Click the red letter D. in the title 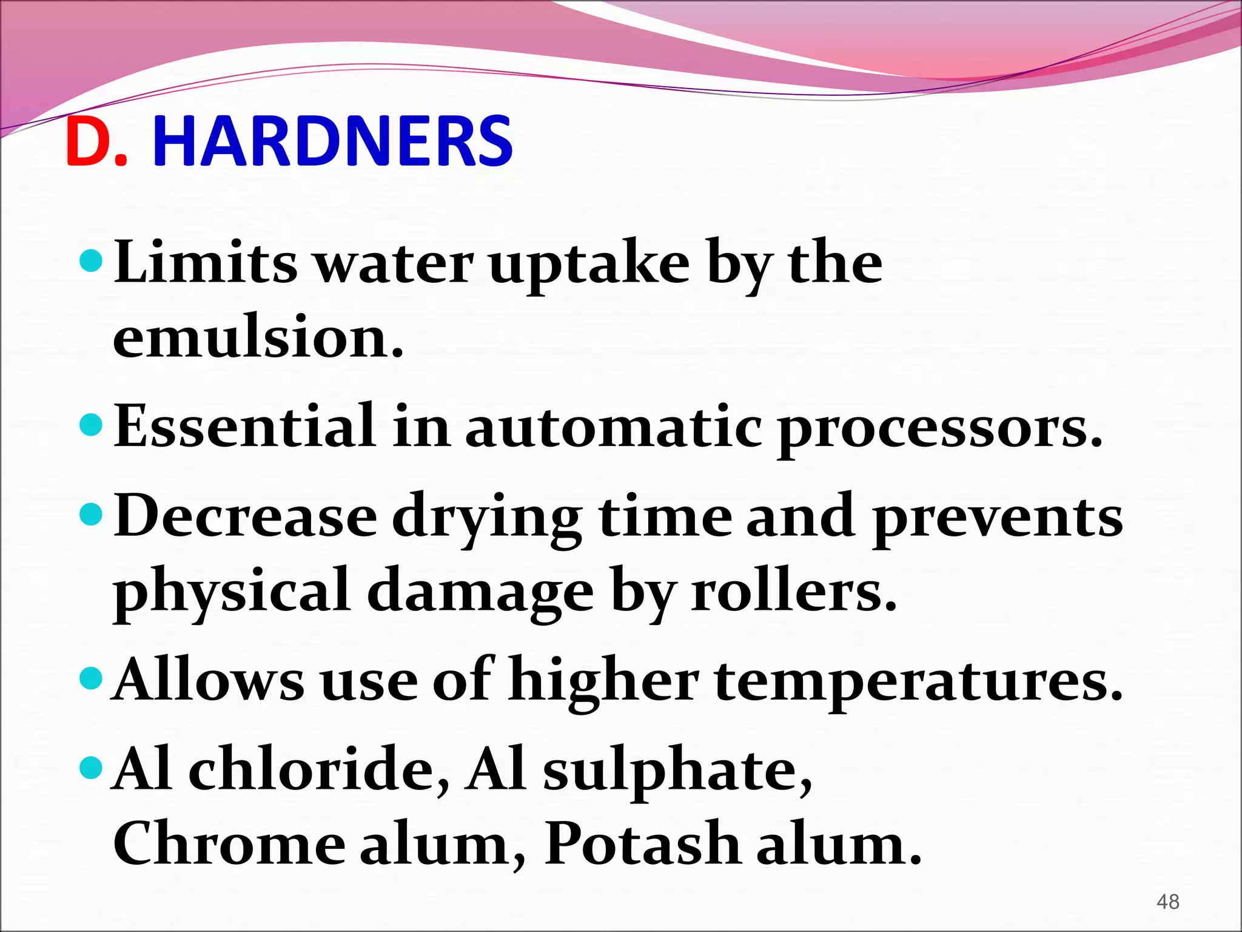[96, 143]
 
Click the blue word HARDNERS [332, 143]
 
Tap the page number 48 [1167, 902]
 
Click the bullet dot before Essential [92, 424]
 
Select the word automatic [613, 427]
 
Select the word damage [480, 595]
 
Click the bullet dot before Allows [92, 677]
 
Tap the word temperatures [918, 682]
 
